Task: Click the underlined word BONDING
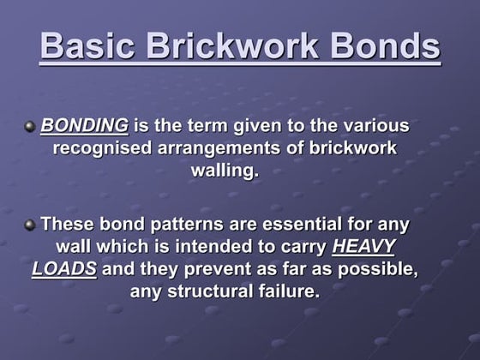point(85,126)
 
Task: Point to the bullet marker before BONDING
point(31,126)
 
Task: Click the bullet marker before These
point(31,225)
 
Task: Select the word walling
point(223,170)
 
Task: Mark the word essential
point(305,225)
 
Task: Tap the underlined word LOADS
point(64,268)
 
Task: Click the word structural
point(213,291)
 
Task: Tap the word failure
point(288,291)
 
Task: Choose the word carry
point(299,247)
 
